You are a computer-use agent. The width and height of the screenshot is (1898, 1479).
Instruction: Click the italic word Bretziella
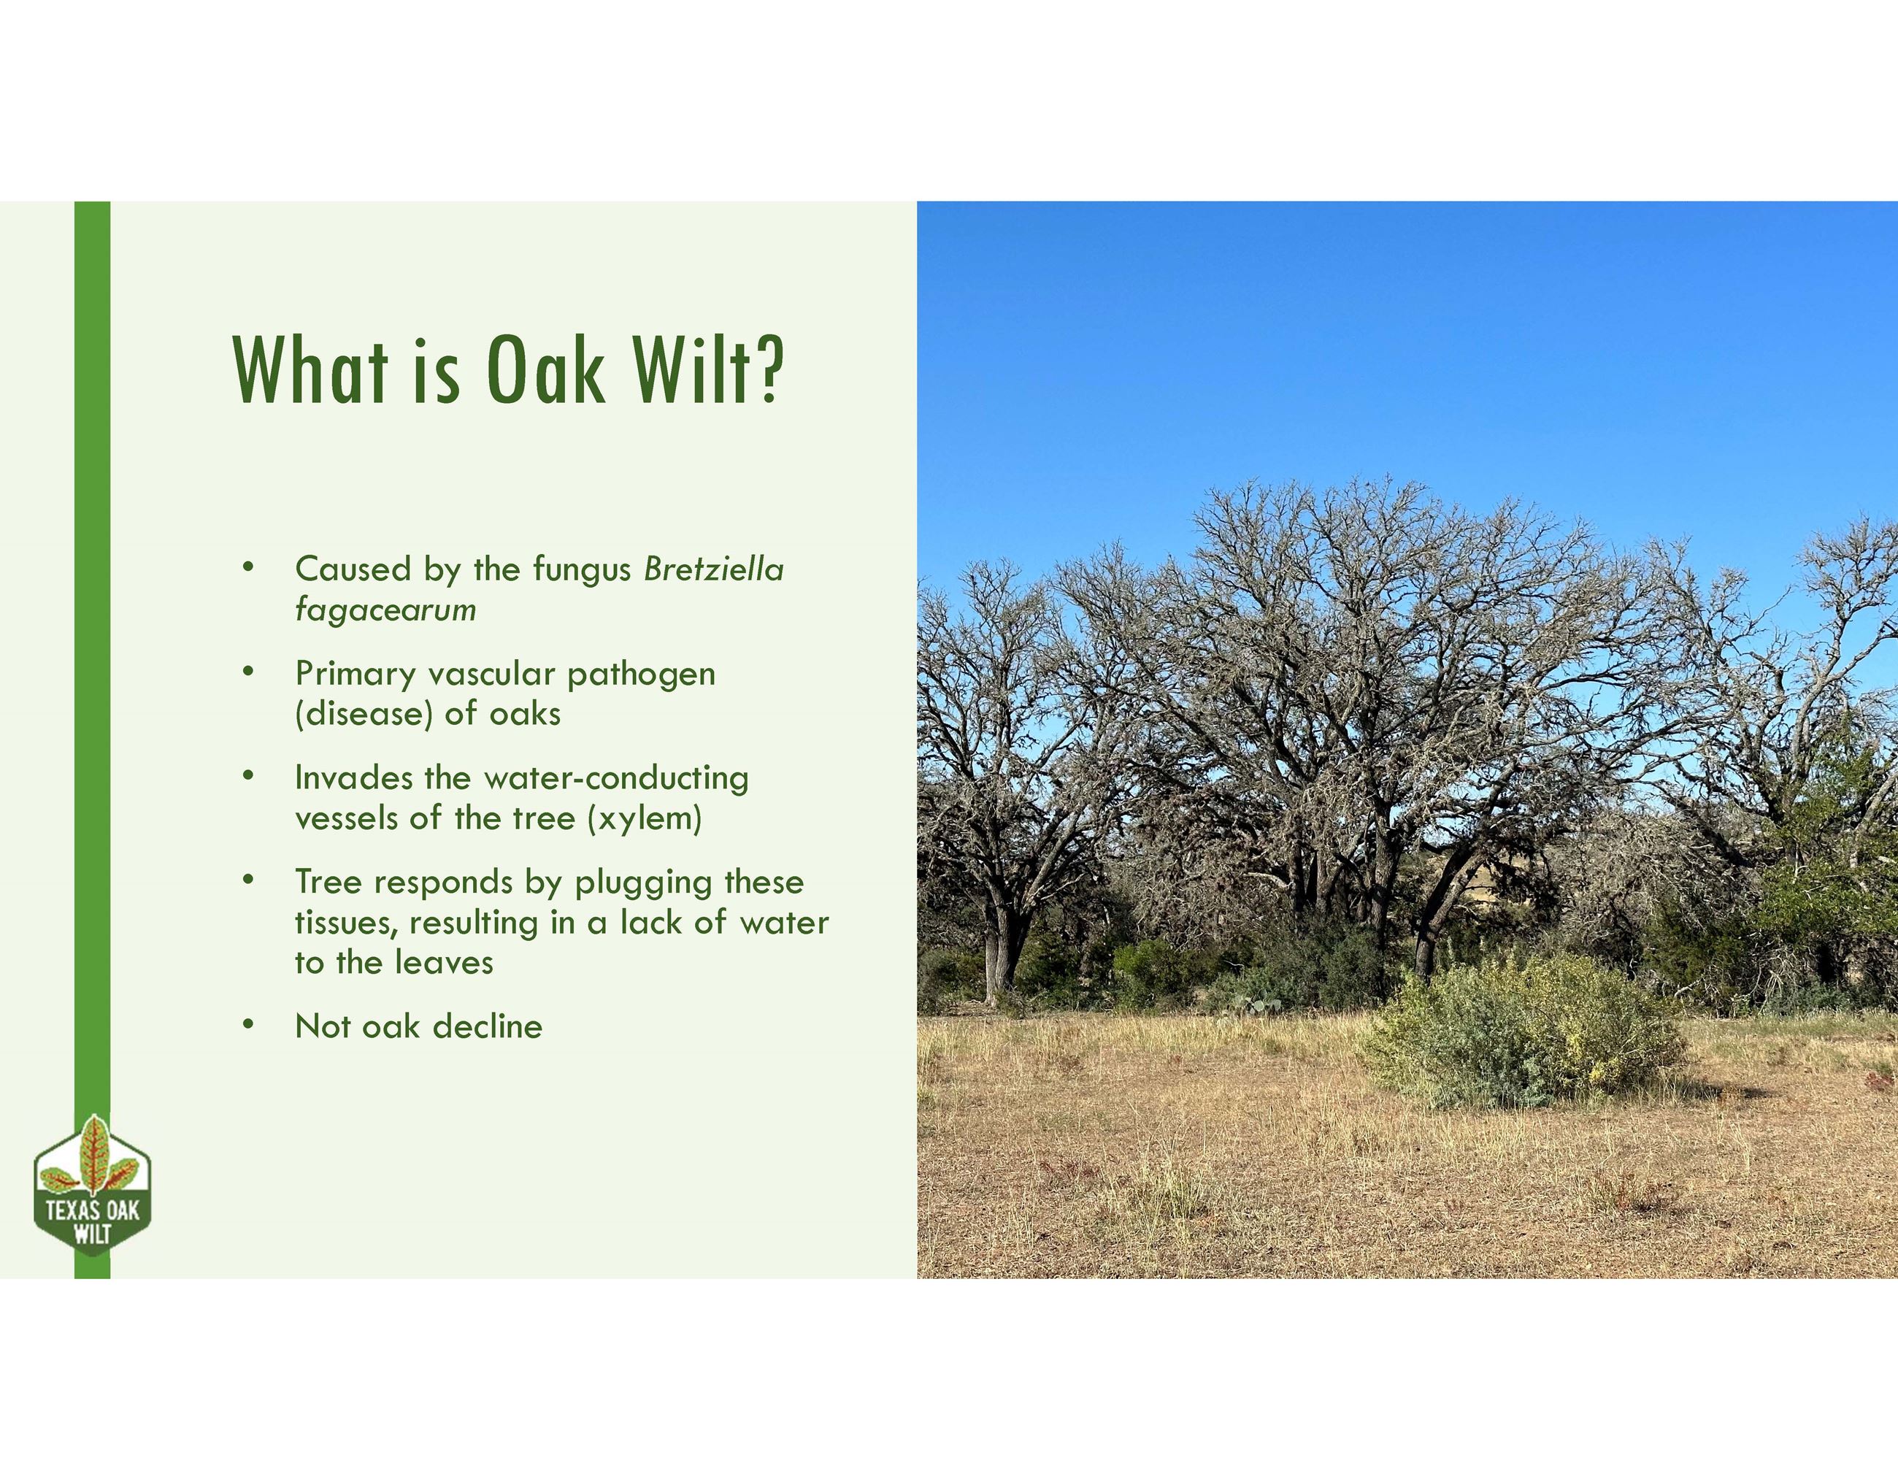[x=713, y=569]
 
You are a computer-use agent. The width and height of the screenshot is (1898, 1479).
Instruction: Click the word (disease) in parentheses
[x=364, y=713]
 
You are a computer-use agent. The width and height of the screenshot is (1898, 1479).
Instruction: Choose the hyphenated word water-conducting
[x=616, y=777]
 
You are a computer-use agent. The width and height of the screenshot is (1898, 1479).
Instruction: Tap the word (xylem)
[x=644, y=818]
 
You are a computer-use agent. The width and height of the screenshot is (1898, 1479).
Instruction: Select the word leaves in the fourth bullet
[x=443, y=962]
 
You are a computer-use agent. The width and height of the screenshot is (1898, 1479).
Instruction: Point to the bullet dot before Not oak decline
[x=248, y=1024]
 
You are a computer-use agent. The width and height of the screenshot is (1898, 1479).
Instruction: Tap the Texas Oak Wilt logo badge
[x=92, y=1191]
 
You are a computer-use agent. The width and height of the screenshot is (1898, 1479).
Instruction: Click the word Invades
[x=353, y=777]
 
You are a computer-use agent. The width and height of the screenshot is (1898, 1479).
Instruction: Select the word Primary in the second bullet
[x=356, y=674]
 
